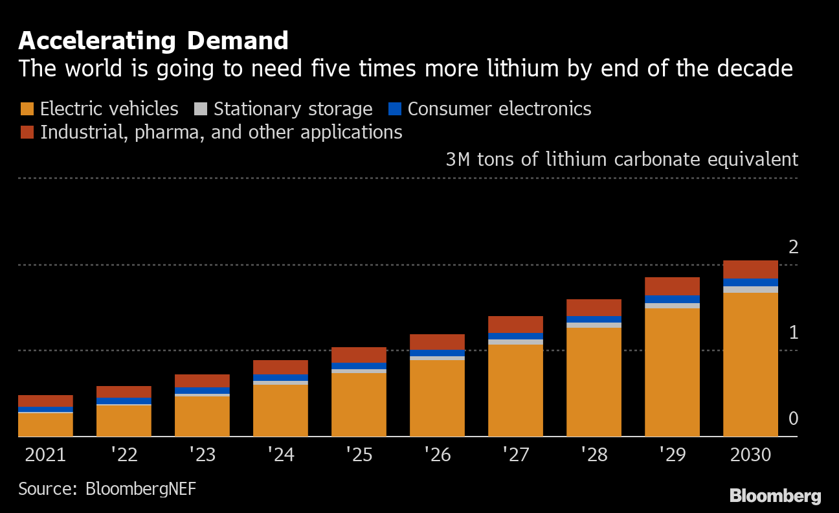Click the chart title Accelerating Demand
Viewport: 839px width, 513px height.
[153, 41]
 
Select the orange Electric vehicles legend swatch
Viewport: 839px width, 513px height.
[27, 109]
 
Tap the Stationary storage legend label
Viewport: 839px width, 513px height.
[293, 109]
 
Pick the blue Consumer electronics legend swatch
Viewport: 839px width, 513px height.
[395, 109]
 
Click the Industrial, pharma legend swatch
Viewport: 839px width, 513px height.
[27, 132]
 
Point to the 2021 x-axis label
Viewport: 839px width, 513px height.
[45, 455]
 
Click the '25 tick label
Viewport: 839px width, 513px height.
[359, 455]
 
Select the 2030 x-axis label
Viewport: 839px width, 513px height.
[750, 455]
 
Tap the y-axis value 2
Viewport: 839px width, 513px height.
[793, 247]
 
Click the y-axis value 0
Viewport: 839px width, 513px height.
[793, 419]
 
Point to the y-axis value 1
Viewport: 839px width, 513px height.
[793, 333]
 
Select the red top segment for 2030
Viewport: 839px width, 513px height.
[750, 269]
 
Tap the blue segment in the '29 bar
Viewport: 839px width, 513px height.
[672, 299]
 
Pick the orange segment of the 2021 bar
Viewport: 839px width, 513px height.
[45, 424]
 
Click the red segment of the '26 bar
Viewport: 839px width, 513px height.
[437, 342]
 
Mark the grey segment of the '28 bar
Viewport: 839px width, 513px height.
[594, 325]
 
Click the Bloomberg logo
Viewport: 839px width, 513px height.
[775, 496]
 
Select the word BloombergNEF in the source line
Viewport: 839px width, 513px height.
[140, 488]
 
